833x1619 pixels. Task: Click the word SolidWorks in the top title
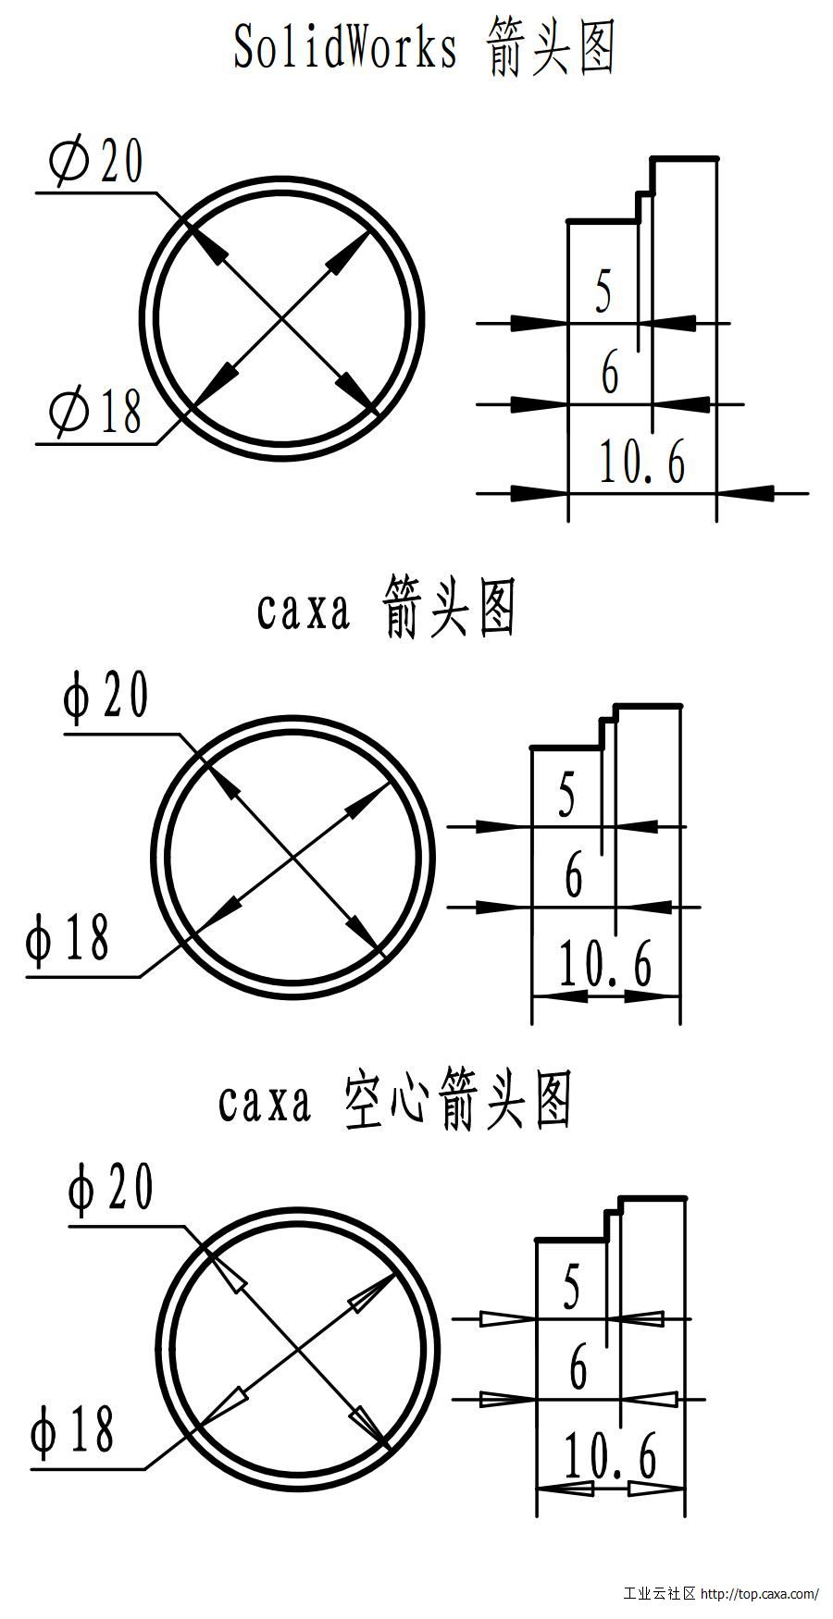(x=345, y=47)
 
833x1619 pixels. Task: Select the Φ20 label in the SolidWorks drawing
(x=97, y=162)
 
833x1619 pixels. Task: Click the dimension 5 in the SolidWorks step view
(x=603, y=291)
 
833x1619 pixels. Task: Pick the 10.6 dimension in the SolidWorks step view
(x=642, y=463)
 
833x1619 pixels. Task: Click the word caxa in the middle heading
(x=304, y=611)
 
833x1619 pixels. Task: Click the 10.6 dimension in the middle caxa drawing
(x=605, y=963)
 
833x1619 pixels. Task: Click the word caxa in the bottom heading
(x=265, y=1102)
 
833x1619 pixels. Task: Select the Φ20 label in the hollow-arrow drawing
(x=111, y=1189)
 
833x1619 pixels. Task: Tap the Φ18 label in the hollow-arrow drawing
(x=72, y=1429)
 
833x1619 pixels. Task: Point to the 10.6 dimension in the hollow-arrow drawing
(x=610, y=1455)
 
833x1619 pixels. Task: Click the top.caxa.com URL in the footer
(x=760, y=1594)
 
